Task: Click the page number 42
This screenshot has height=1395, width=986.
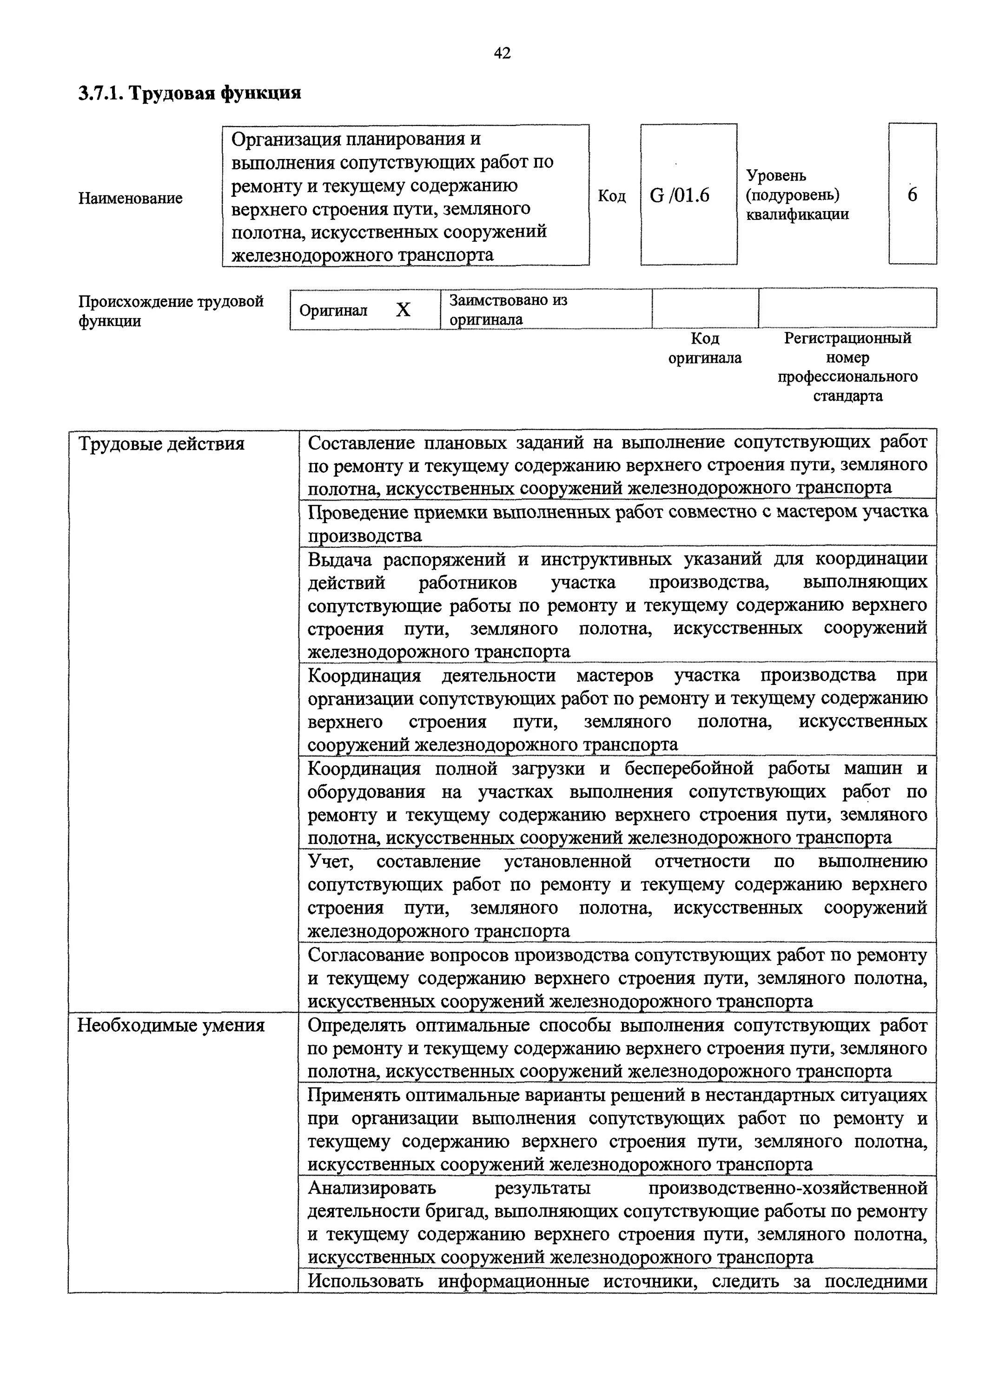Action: point(502,53)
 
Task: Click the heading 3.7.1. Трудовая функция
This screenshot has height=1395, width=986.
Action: point(190,93)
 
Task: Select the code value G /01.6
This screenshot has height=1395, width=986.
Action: point(679,196)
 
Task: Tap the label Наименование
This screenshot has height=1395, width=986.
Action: point(130,198)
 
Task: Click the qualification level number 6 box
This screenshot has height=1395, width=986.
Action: point(912,194)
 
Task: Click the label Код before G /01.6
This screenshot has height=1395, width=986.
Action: point(611,196)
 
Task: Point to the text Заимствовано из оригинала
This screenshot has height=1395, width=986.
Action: point(508,310)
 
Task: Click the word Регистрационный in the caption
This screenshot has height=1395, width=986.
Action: point(847,338)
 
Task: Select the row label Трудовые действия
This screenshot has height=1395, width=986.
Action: point(162,444)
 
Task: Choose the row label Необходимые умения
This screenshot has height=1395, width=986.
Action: point(172,1026)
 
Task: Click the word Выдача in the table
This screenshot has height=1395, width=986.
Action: point(337,559)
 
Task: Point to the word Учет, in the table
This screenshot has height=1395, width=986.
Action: point(331,862)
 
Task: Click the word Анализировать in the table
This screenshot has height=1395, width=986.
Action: point(372,1187)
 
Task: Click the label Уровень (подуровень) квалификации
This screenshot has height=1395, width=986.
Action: point(797,195)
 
